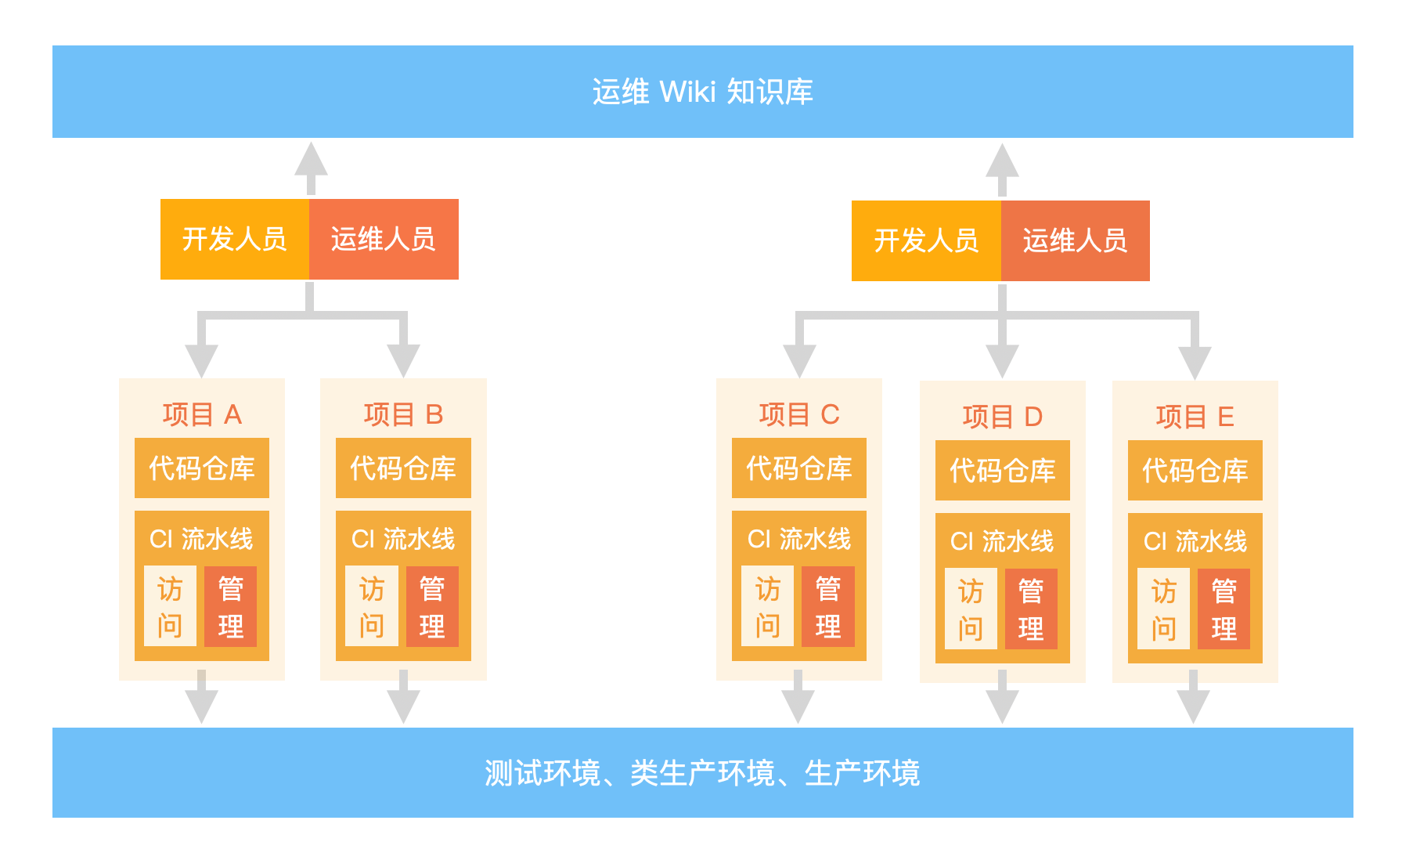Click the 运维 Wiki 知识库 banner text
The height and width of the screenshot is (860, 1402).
tap(702, 92)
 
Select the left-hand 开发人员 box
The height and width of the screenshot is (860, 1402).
tap(234, 239)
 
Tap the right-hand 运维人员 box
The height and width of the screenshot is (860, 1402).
tap(1075, 240)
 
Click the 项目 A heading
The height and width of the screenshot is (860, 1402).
tap(202, 414)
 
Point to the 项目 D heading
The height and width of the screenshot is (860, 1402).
tap(1002, 417)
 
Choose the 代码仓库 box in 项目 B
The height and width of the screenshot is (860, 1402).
tap(403, 468)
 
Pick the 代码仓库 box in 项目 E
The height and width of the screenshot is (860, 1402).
tap(1195, 471)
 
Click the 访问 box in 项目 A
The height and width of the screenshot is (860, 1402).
tap(170, 607)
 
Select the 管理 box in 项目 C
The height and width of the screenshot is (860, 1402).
tap(828, 607)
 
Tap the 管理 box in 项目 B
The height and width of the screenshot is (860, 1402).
tap(432, 607)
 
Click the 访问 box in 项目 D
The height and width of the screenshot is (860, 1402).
tap(971, 609)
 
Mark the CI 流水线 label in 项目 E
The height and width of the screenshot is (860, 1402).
tap(1195, 541)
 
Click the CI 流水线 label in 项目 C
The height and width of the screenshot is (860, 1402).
tap(798, 539)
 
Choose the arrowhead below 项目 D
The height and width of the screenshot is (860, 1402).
tap(1002, 706)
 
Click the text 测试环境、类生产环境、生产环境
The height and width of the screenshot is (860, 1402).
tap(702, 773)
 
